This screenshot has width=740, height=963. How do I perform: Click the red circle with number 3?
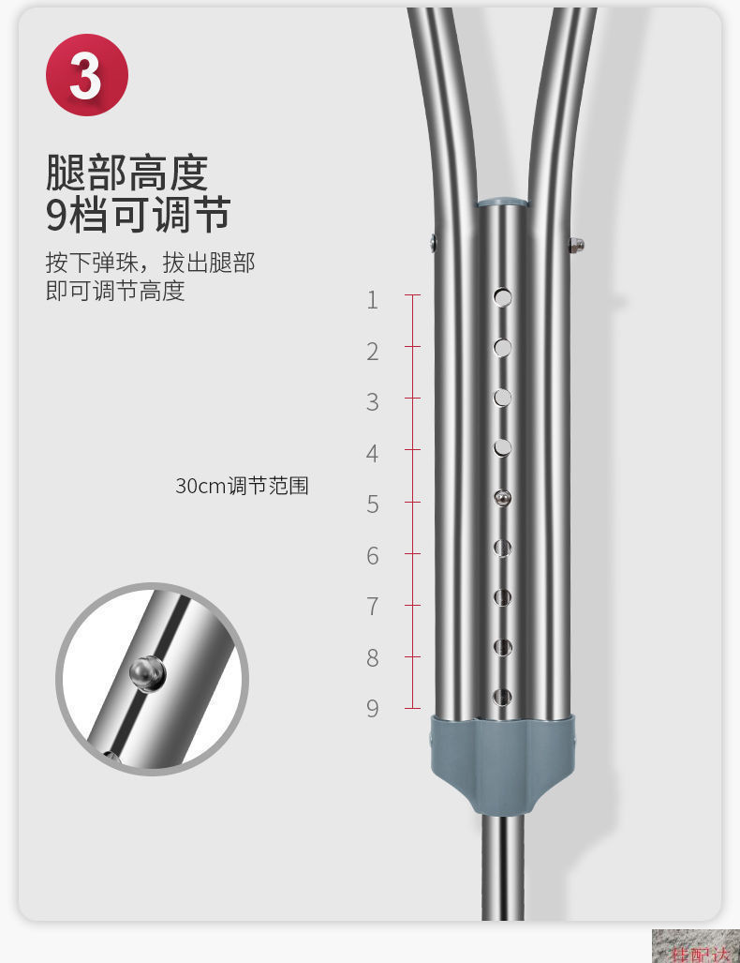(x=86, y=75)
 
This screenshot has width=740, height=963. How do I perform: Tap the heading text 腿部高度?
(x=126, y=173)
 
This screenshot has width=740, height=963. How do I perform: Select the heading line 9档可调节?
(x=138, y=215)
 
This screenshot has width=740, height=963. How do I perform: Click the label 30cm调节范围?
(x=242, y=486)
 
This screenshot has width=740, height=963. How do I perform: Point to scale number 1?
(x=373, y=300)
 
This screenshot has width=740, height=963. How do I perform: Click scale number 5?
(x=373, y=504)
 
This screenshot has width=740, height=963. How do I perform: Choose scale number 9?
(x=373, y=709)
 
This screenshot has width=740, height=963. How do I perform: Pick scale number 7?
(x=373, y=607)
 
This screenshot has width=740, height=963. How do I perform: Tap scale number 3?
(x=373, y=402)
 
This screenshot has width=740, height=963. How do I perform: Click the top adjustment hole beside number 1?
(x=503, y=297)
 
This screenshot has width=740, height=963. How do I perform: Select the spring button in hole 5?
(x=503, y=498)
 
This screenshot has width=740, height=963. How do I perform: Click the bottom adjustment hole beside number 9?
(x=503, y=697)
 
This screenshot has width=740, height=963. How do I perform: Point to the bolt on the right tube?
(x=576, y=246)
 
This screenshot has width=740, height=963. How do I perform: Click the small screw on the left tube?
(x=433, y=244)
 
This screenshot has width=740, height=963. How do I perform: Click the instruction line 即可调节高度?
(x=115, y=291)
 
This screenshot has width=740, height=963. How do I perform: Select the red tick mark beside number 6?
(x=412, y=554)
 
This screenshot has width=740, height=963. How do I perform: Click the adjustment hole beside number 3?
(x=503, y=398)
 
